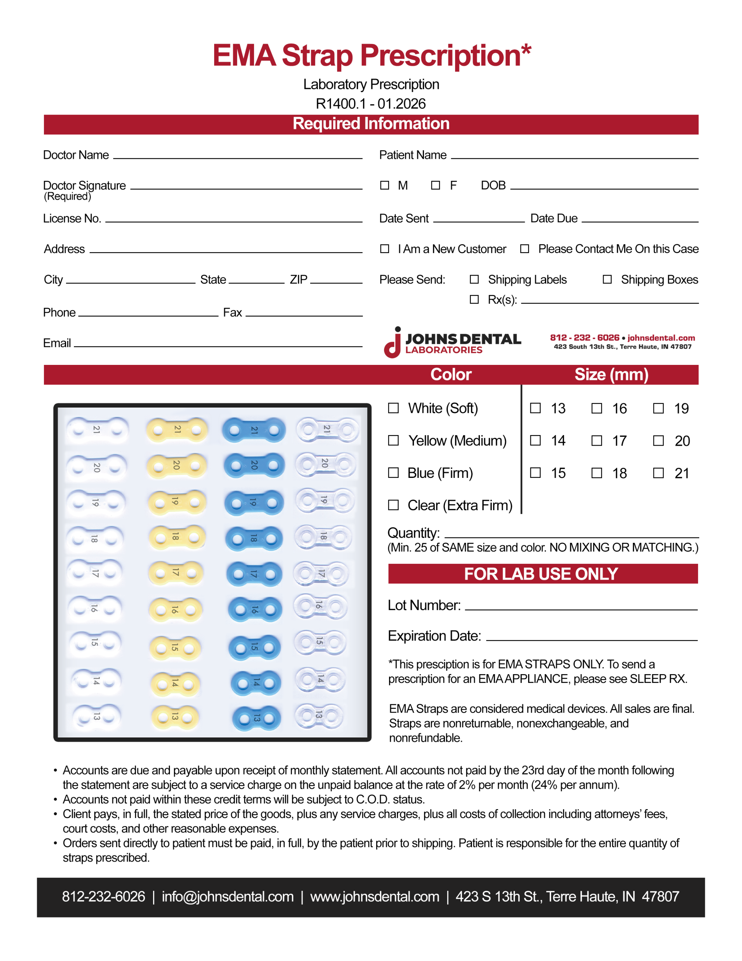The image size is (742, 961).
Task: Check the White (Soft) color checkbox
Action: click(x=393, y=408)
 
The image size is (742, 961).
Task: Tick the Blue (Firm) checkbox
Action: click(x=393, y=473)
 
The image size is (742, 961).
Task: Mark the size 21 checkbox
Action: click(x=658, y=473)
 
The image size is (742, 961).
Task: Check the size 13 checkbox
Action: click(x=535, y=408)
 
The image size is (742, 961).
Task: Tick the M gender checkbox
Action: click(x=385, y=185)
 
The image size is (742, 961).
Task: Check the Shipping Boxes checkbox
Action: click(x=607, y=279)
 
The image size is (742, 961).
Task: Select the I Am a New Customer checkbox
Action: click(x=385, y=249)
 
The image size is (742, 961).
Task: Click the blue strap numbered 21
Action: click(x=254, y=430)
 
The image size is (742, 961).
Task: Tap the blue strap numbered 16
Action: click(x=255, y=609)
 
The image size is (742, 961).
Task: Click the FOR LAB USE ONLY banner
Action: click(x=542, y=574)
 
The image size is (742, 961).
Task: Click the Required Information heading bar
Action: click(x=371, y=124)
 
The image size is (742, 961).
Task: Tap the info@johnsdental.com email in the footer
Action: click(x=227, y=896)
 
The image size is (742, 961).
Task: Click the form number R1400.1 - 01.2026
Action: click(x=370, y=104)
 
